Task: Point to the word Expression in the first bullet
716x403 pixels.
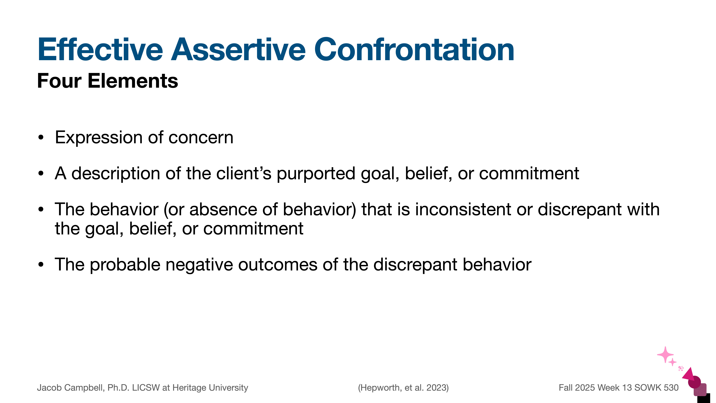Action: coord(99,138)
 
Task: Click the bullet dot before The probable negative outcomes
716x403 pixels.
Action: coord(41,265)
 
